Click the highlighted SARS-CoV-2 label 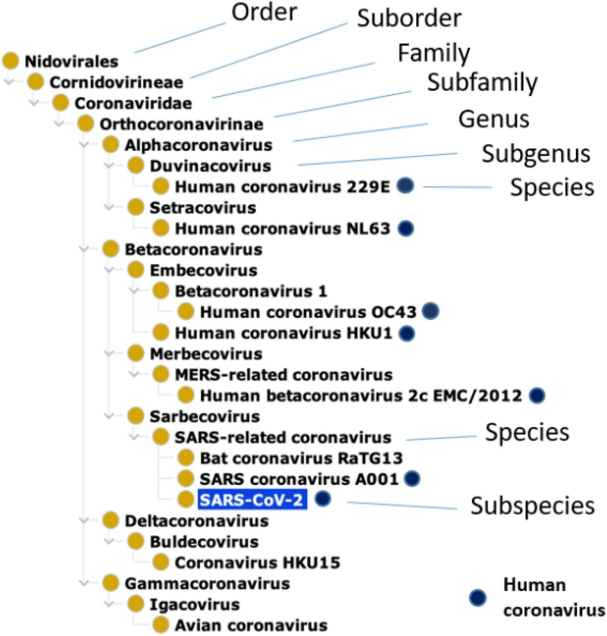252,499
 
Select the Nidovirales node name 72,62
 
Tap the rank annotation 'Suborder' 409,18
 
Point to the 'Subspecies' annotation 532,506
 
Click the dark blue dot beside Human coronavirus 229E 406,186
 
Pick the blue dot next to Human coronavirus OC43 430,312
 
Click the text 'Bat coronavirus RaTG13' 301,458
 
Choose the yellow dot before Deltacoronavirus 111,520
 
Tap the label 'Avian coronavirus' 251,625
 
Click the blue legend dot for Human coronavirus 478,597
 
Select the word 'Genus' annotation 494,119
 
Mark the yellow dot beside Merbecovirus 136,353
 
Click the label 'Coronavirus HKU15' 257,562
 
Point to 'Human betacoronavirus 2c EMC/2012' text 361,396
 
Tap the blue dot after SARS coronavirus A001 412,478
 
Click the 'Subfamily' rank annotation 482,82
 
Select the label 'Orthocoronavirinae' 181,124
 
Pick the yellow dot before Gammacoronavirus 111,583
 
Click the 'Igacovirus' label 195,604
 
